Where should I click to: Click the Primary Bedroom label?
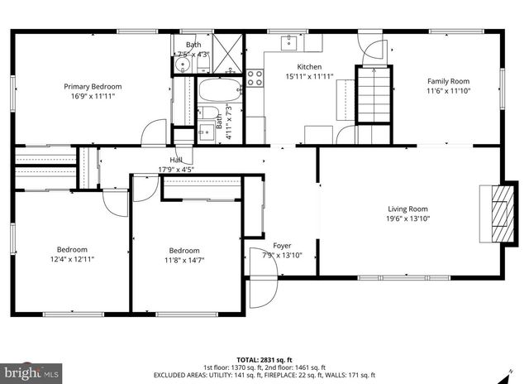93,86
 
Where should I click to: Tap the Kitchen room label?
286,67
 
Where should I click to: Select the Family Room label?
448,81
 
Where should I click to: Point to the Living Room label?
408,209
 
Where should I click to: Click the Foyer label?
282,246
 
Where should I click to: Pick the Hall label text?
176,160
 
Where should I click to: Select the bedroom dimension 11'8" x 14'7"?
183,261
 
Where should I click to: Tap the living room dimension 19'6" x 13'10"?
408,218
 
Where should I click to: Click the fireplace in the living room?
495,212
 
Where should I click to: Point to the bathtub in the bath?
218,89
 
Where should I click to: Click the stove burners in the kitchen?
255,78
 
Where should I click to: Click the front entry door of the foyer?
262,290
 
